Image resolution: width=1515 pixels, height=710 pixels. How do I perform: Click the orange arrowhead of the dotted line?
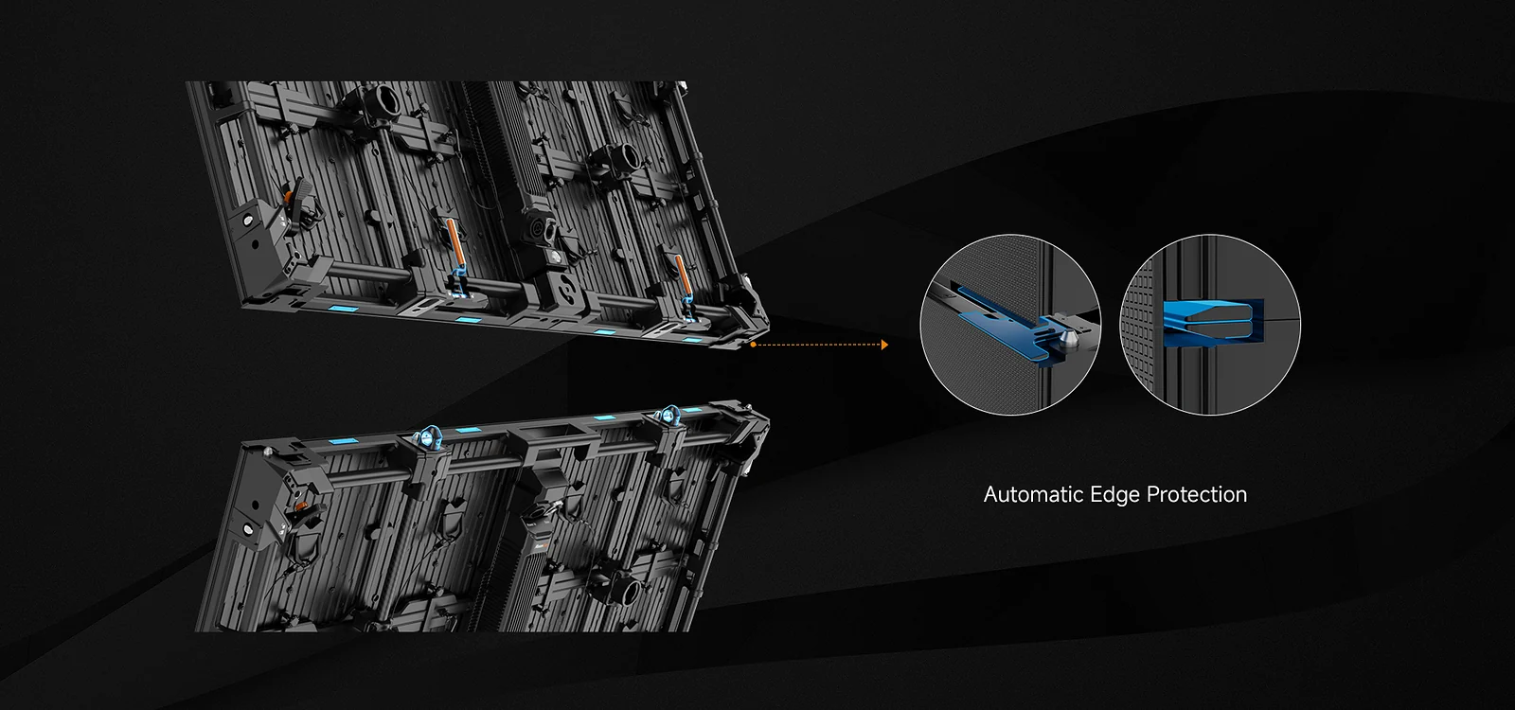(884, 345)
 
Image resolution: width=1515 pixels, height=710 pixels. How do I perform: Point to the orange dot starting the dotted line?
(753, 345)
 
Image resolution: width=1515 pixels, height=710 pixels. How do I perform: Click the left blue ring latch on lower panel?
(428, 439)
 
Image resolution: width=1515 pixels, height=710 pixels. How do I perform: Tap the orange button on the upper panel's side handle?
(288, 197)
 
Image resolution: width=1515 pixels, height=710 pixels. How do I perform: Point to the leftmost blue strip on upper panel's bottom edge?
(345, 309)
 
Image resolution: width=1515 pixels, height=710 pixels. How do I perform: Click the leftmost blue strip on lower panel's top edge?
(345, 441)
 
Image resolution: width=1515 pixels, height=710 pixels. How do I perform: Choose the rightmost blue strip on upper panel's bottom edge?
(691, 339)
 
